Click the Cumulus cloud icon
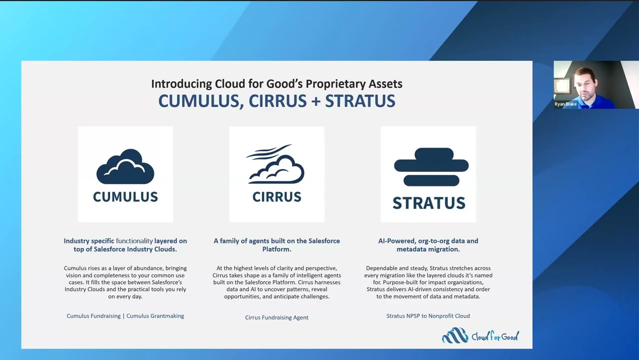[x=125, y=166]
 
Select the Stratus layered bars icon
[x=431, y=166]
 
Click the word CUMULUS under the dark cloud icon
[x=125, y=197]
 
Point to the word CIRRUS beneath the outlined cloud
[x=277, y=197]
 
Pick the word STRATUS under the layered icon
[x=428, y=203]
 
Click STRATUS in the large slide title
[x=360, y=101]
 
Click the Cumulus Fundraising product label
[x=94, y=316]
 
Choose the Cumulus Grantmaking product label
[x=155, y=316]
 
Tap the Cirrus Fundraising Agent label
[x=277, y=317]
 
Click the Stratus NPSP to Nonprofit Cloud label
[x=428, y=316]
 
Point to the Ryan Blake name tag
[x=566, y=104]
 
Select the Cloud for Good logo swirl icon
[x=455, y=335]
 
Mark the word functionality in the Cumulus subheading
[x=134, y=241]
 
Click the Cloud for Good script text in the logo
[x=495, y=336]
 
